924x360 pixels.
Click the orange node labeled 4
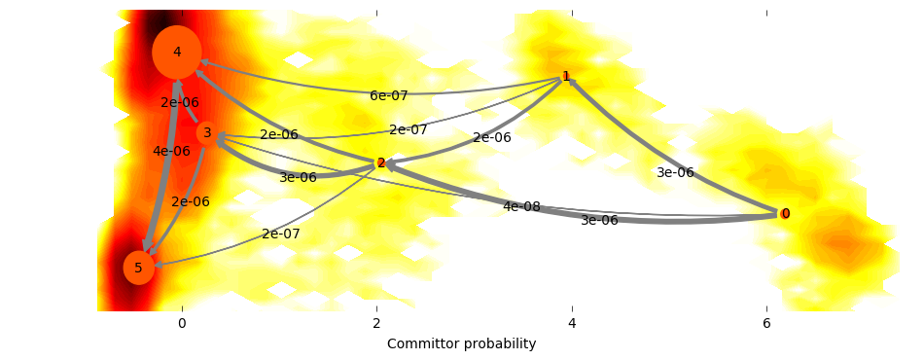tap(177, 52)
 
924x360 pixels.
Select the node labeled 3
tap(207, 132)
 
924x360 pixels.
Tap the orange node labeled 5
tap(139, 267)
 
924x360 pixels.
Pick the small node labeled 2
tap(381, 163)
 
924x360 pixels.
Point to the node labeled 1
tap(566, 76)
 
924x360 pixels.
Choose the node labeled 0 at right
tap(785, 213)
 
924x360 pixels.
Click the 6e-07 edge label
tap(389, 95)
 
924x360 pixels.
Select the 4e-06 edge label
tap(171, 151)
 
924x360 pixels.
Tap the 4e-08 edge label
tap(521, 206)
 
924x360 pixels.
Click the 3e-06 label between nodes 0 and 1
tap(675, 172)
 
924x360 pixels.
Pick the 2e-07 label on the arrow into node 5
tap(281, 234)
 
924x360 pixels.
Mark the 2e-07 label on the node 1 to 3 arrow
tap(409, 129)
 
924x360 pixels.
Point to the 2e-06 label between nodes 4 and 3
tap(180, 102)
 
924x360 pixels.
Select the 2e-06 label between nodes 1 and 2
tap(492, 138)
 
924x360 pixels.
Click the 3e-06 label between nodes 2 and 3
tap(298, 177)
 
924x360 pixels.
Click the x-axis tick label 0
tap(182, 322)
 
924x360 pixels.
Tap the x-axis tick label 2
tap(376, 322)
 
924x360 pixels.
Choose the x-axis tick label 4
tap(572, 322)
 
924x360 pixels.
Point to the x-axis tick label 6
tap(766, 322)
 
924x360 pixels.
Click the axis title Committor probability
tap(461, 344)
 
